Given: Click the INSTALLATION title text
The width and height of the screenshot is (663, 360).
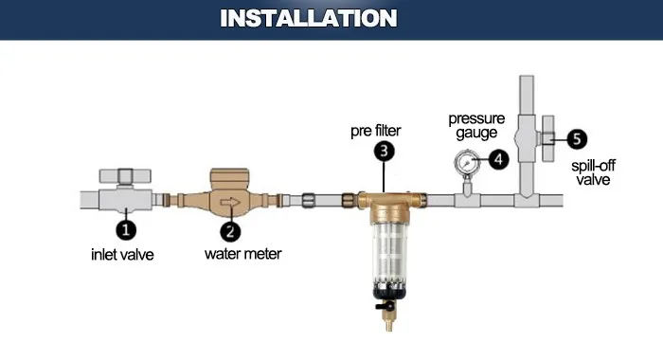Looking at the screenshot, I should (x=309, y=19).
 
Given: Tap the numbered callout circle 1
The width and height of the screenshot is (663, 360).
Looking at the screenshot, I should (x=125, y=228).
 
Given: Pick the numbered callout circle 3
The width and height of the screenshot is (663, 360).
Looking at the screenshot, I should (x=383, y=149).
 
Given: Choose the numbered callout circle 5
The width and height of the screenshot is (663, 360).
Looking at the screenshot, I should (x=577, y=138).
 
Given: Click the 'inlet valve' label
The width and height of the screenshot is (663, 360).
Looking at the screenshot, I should (x=122, y=254).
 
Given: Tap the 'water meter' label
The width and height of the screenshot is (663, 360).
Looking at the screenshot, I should (x=242, y=254).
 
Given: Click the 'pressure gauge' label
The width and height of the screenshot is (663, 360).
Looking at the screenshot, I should (x=476, y=127).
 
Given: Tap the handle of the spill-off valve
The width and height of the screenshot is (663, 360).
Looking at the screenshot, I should (x=550, y=138).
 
